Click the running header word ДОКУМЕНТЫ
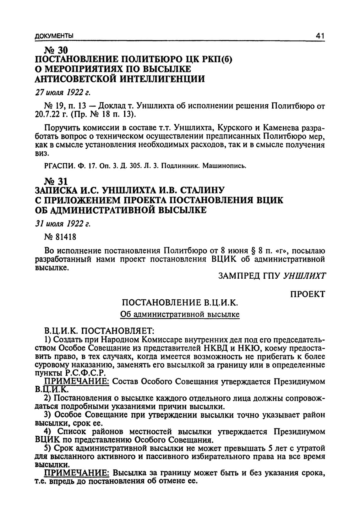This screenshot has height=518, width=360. [54, 36]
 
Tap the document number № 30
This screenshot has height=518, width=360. [57, 50]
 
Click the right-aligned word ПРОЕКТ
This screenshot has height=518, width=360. [307, 294]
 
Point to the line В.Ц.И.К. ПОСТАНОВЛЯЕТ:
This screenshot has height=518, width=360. [99, 330]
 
